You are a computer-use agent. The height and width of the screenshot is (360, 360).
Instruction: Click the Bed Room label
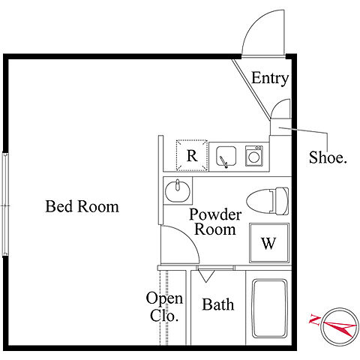[x=82, y=206]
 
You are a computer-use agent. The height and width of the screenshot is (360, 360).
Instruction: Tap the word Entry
[x=270, y=78]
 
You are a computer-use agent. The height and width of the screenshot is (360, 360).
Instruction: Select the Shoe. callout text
[x=328, y=157]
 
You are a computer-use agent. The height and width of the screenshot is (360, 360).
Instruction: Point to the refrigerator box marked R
[x=192, y=155]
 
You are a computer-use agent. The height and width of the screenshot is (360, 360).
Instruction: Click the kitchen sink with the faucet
[x=226, y=157]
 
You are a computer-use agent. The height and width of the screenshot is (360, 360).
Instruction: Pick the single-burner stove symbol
[x=253, y=156]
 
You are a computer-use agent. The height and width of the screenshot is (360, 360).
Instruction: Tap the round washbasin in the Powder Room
[x=178, y=191]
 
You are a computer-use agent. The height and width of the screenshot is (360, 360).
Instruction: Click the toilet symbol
[x=268, y=201]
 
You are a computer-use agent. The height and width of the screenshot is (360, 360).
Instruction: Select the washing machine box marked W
[x=269, y=243]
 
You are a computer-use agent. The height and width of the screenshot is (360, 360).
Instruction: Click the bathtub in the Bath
[x=269, y=308]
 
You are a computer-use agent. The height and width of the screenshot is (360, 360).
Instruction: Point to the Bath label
[x=218, y=304]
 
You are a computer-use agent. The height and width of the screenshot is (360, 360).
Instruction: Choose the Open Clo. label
[x=164, y=307]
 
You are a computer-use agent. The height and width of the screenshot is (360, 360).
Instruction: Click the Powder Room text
[x=215, y=222]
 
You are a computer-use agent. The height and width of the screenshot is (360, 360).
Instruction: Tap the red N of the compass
[x=314, y=320]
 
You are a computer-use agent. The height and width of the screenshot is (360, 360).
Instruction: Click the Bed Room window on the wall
[x=5, y=205]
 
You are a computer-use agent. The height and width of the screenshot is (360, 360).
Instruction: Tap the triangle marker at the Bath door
[x=205, y=276]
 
